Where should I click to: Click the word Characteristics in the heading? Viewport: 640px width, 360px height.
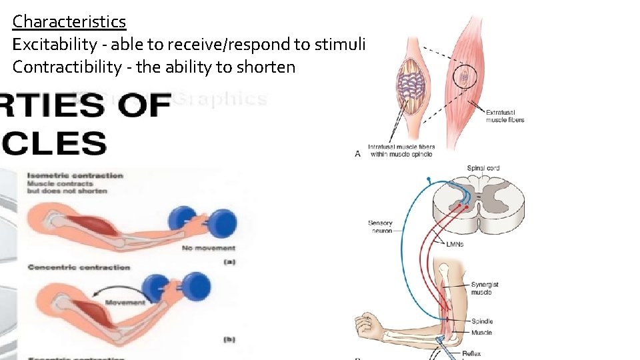click(x=69, y=21)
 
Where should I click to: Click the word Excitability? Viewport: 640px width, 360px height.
click(x=54, y=44)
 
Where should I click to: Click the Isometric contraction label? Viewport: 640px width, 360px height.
click(x=75, y=175)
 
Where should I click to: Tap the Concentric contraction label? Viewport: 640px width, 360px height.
click(x=79, y=267)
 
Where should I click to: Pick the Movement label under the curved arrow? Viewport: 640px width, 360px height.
click(x=125, y=302)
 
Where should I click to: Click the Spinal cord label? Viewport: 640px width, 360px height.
click(x=483, y=168)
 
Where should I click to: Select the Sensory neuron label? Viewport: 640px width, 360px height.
click(x=380, y=227)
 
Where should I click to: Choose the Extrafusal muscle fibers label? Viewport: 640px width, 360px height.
click(x=505, y=116)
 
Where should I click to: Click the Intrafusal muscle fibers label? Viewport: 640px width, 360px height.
click(x=400, y=150)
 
